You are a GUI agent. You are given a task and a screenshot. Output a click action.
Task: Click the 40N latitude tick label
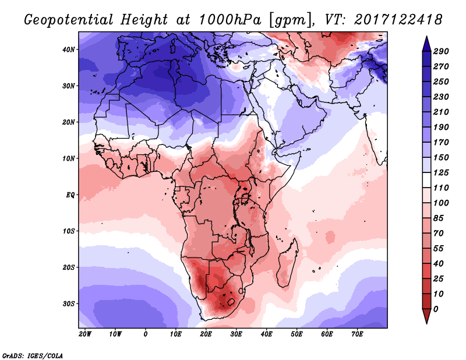tap(69, 50)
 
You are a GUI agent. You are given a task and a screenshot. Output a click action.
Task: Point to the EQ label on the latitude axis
tap(70, 195)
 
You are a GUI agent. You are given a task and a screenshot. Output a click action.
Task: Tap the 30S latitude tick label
tap(69, 303)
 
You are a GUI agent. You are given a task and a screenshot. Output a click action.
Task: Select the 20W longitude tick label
tap(85, 334)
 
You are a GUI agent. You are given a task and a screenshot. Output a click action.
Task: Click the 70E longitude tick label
tap(357, 334)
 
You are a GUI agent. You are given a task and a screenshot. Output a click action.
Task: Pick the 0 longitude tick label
tap(146, 334)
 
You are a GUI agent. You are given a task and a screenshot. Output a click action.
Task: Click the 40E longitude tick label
tap(267, 334)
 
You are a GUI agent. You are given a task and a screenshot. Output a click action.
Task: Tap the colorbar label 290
tap(441, 52)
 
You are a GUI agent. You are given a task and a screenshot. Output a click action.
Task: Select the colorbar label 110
tap(441, 188)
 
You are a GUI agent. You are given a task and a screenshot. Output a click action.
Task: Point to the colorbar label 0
tap(436, 309)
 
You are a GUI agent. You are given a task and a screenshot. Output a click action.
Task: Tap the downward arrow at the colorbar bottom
tap(426, 317)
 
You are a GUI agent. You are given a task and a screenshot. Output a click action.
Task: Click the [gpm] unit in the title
tap(286, 20)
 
